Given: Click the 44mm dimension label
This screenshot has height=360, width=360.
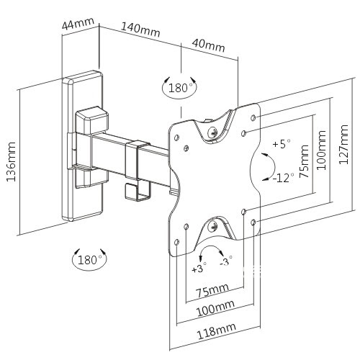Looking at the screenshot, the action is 78,23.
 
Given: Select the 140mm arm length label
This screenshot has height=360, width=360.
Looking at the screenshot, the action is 140,30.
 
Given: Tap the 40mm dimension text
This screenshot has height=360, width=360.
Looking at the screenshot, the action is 208,45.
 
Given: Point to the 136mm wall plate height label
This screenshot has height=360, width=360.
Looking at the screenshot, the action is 11,161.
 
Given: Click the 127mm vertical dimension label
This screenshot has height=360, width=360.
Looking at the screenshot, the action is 343,145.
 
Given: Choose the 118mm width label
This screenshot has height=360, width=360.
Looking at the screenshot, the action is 217,331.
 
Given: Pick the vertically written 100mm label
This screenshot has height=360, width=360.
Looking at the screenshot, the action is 322,150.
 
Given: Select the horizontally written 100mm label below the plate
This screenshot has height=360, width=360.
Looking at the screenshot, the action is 215,308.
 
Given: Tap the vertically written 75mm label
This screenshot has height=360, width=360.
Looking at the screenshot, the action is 304,161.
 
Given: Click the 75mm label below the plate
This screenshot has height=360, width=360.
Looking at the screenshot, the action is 212,290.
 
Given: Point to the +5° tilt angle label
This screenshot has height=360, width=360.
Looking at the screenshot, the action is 282,144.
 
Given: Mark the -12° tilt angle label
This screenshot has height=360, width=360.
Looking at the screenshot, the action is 283,178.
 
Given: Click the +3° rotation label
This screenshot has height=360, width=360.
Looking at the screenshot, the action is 199,269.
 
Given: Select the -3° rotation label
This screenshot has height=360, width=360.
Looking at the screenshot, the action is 226,261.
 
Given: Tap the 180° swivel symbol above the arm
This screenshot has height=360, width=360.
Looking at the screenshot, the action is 179,87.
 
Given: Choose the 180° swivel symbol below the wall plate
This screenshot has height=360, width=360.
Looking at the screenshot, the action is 89,259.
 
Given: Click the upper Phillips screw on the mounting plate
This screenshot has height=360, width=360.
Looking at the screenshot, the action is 212,132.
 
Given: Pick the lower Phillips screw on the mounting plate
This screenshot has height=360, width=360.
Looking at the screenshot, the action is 212,226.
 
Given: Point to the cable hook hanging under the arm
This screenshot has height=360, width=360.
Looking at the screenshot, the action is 138,192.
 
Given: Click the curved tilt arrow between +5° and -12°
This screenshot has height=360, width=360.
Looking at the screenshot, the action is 274,166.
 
